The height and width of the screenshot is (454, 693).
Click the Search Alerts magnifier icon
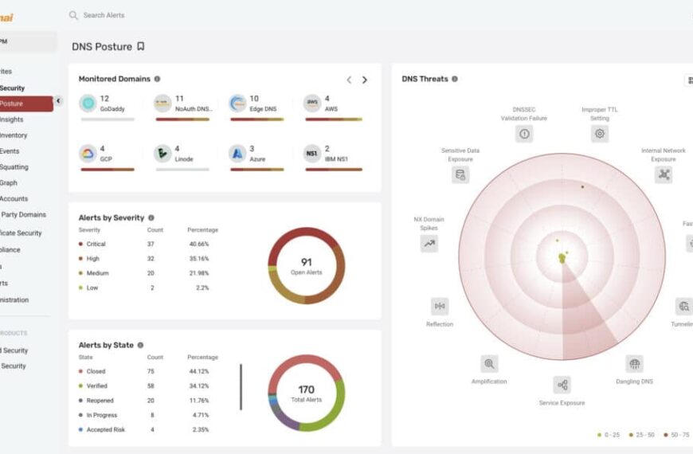coord(73,15)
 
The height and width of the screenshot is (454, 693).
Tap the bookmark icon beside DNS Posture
coord(141,46)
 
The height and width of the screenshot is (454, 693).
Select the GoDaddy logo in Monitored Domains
coord(88,103)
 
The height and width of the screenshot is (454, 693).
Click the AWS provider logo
coord(312,103)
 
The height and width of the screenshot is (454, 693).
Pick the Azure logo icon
coord(237,153)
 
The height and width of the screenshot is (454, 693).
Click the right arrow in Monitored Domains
coord(365,80)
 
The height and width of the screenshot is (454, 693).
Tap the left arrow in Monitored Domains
coord(349,80)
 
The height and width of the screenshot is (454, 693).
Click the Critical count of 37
coord(151,244)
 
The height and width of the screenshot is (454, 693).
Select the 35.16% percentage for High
coord(198,258)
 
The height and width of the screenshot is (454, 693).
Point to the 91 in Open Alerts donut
coord(306,261)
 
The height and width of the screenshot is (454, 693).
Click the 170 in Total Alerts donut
coord(306,389)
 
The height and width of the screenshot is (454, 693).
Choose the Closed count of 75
coord(151,371)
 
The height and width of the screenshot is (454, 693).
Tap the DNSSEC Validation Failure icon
coord(524,134)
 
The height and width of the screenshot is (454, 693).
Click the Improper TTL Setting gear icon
coord(600,134)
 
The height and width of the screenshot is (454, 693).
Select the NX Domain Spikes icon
coord(429,244)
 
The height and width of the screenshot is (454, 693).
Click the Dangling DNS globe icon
coord(634,364)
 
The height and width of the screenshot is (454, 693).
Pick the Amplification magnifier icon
coord(489,364)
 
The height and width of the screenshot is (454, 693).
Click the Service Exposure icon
coord(562,386)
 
